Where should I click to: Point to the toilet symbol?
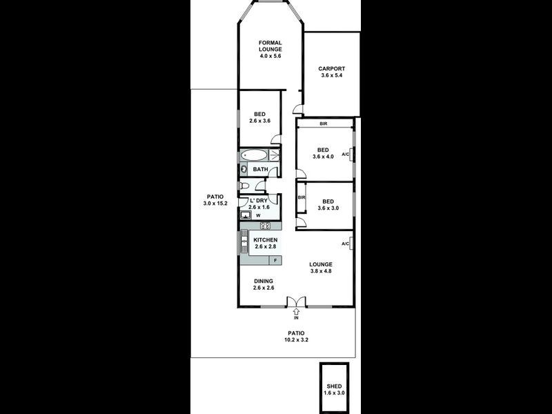click(244, 186)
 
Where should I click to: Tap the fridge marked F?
click(275, 260)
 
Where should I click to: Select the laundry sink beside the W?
click(245, 215)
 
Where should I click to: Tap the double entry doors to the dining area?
click(296, 302)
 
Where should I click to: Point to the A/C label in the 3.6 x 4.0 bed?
click(346, 155)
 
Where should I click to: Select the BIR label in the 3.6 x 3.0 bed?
click(301, 197)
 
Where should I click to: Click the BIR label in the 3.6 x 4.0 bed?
click(323, 124)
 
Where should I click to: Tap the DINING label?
click(264, 281)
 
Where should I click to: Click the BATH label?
click(260, 169)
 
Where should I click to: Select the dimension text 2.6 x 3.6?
click(260, 121)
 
